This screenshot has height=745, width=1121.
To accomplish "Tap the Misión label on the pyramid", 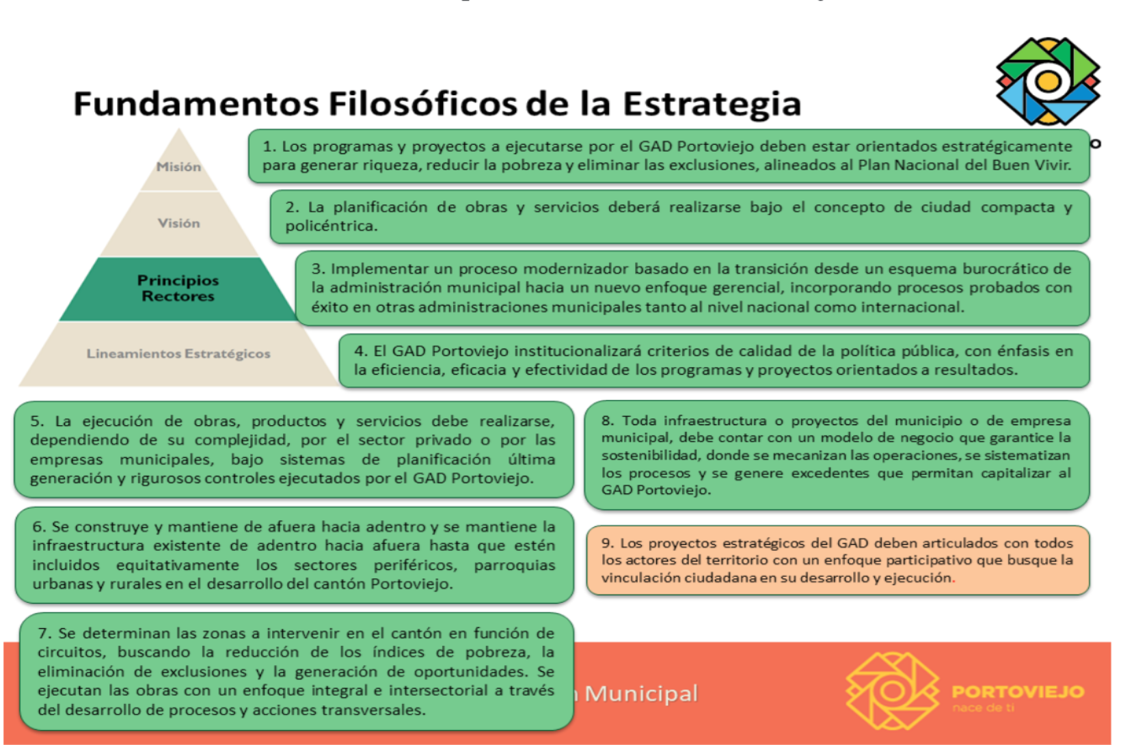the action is (x=178, y=167).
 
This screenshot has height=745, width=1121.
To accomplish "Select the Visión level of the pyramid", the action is (x=178, y=223).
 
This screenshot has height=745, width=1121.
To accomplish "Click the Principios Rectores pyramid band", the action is (x=178, y=288).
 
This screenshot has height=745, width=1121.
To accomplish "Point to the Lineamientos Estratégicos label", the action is (x=178, y=354).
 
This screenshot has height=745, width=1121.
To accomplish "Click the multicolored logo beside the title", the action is (x=1047, y=82).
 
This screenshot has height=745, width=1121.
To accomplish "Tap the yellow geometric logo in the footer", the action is (x=892, y=690).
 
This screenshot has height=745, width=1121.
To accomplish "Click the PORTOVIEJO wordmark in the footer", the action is (x=1018, y=692).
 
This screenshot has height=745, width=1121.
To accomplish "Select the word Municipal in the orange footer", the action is (x=641, y=694).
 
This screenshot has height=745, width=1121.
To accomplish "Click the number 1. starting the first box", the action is (x=269, y=146).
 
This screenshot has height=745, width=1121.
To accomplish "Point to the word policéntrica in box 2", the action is (x=330, y=226).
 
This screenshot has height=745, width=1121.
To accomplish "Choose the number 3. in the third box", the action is (x=318, y=269).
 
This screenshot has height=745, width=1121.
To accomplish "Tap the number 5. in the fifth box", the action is (x=37, y=421).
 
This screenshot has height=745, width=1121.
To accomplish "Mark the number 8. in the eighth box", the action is (x=608, y=421).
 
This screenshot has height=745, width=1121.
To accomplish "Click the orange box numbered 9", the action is (x=837, y=560).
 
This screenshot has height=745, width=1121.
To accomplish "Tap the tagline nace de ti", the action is (x=983, y=708).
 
